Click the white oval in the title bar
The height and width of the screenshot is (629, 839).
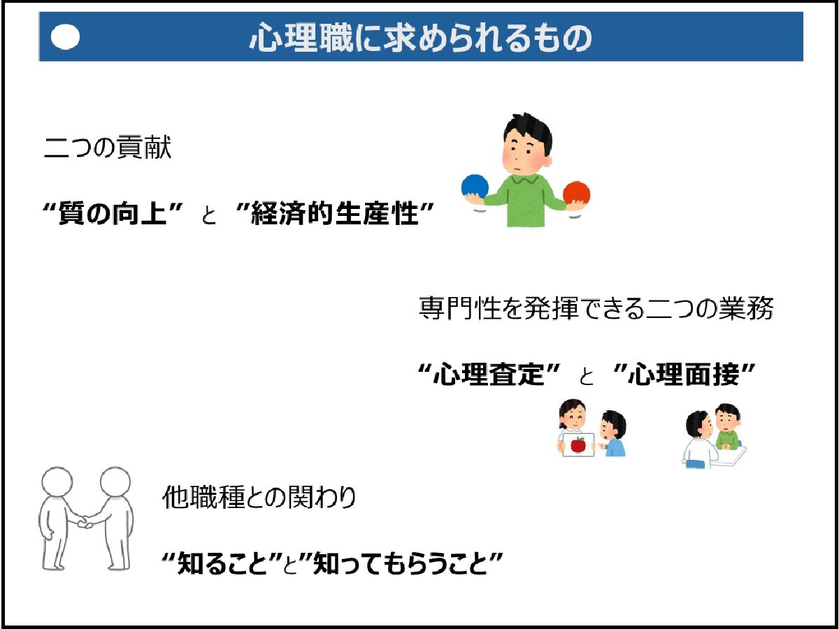[x=65, y=37]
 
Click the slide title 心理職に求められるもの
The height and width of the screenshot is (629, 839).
[x=420, y=37]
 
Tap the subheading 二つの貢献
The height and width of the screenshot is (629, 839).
[x=108, y=147]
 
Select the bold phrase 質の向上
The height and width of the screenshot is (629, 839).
[x=113, y=213]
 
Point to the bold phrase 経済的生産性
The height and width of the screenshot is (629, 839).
[x=335, y=213]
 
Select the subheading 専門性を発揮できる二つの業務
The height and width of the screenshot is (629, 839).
[x=596, y=308]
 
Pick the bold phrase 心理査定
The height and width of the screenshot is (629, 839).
[x=489, y=375]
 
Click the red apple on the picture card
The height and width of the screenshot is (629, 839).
[x=578, y=444]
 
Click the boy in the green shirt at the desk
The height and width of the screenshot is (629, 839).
[x=727, y=427]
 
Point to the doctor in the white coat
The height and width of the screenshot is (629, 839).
[x=698, y=440]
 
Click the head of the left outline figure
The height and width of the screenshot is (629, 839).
[x=57, y=482]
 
